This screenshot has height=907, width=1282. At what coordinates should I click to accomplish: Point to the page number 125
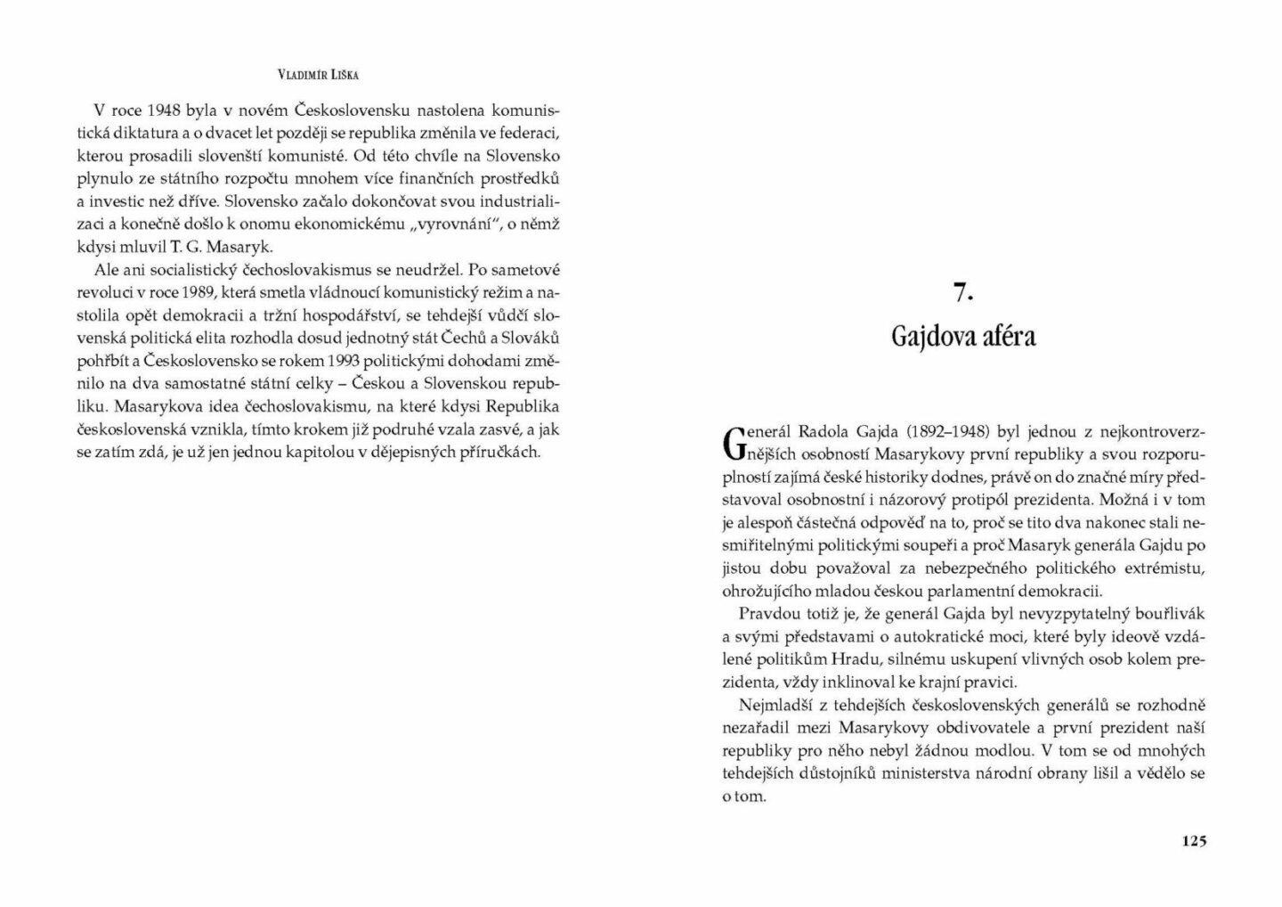tap(1193, 840)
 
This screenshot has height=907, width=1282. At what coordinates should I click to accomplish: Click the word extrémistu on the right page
tap(1163, 568)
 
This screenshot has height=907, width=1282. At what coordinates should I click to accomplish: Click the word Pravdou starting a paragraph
tap(766, 614)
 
